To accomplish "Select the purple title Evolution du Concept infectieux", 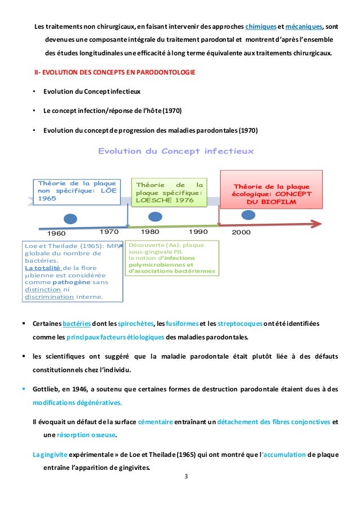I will (x=176, y=151).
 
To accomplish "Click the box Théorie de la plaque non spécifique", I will (x=77, y=191).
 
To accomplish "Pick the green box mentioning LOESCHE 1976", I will (x=168, y=193).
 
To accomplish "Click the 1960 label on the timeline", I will (x=56, y=233).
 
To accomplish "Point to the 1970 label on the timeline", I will (x=108, y=232).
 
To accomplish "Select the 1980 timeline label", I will (x=150, y=232).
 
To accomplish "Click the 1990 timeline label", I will (x=198, y=232).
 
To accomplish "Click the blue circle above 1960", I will (x=70, y=219).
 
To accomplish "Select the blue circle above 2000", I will (x=248, y=214).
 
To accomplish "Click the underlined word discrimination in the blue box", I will (x=49, y=297).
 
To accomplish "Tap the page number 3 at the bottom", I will (x=186, y=477).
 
